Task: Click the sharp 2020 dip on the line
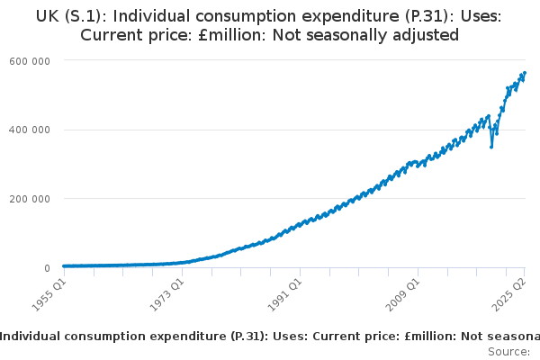[490, 147]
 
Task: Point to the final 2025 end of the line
[525, 73]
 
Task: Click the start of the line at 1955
[63, 265]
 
